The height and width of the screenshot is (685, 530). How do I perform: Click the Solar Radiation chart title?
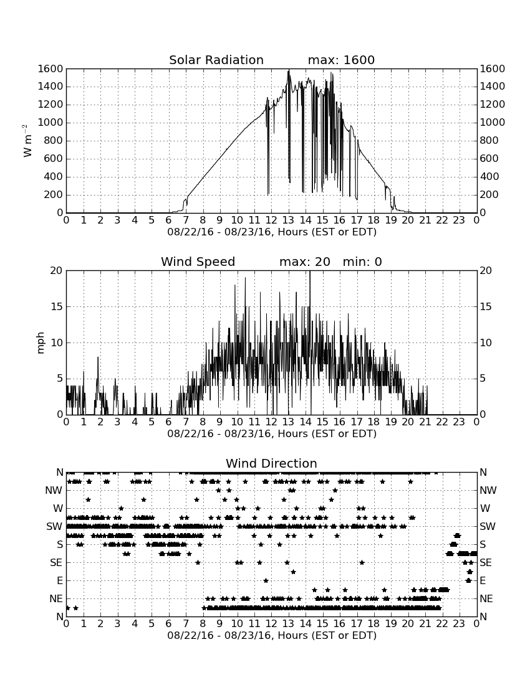point(216,60)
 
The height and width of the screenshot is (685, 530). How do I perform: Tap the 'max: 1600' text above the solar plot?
point(341,60)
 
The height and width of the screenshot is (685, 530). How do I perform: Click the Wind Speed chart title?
point(198,262)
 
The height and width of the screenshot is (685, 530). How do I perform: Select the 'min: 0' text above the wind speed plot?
point(362,262)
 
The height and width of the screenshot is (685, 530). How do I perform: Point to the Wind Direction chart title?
point(271,463)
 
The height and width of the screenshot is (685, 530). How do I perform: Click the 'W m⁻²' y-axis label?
point(27,141)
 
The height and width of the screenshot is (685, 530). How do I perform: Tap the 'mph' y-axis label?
point(41,343)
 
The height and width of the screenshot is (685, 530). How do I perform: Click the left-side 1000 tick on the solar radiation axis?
point(51,122)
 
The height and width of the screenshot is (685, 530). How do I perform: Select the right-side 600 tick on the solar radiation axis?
point(489,159)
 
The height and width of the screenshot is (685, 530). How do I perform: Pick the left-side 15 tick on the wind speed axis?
point(57,306)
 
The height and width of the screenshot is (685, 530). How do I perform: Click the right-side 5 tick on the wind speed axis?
point(483,379)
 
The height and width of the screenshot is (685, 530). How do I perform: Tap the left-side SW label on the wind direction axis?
point(54,526)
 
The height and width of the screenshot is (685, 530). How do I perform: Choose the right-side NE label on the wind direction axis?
point(486,598)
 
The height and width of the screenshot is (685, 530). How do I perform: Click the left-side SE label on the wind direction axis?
point(56,563)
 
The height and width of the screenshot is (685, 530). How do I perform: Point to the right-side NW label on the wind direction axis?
point(488,490)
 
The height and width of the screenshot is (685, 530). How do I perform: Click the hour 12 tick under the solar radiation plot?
point(271,220)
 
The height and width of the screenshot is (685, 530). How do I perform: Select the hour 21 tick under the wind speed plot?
point(425,422)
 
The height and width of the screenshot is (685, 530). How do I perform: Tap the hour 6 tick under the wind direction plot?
point(169,623)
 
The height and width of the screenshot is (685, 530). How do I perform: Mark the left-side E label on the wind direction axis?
point(60,580)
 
